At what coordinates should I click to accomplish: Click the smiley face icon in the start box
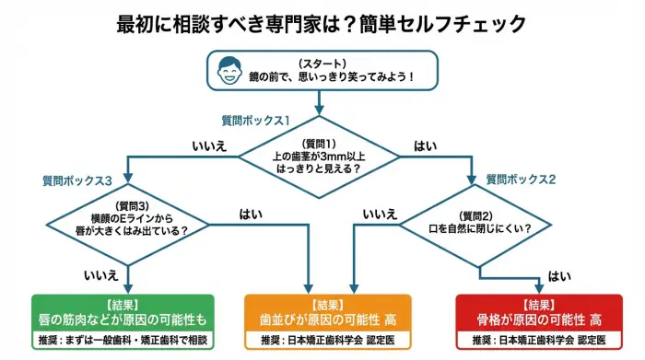click(x=230, y=71)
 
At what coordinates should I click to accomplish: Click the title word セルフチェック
click(x=473, y=22)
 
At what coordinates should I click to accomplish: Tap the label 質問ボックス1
click(x=255, y=121)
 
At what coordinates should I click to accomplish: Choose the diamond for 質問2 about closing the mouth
click(x=478, y=222)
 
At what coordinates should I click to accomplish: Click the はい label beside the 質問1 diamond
click(x=427, y=145)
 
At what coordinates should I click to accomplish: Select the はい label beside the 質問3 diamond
click(x=251, y=214)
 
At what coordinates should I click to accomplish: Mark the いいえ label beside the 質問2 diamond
click(x=379, y=214)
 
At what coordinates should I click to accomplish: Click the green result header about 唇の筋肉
click(x=123, y=312)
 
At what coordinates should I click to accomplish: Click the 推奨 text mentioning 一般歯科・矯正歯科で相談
click(x=123, y=341)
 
